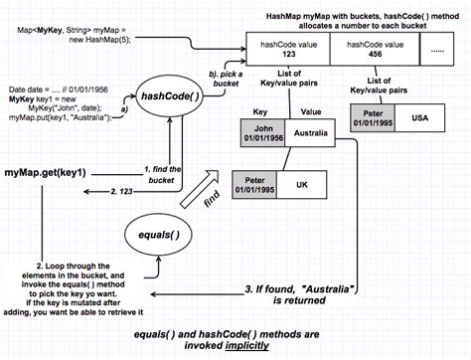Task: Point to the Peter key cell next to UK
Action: point(253,185)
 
